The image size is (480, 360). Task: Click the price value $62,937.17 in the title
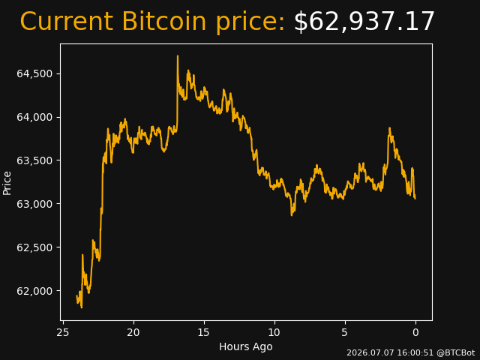pos(364,22)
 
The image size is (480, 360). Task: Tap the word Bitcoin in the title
pos(163,22)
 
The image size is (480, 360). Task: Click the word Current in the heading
pos(67,22)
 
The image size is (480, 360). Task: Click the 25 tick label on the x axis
pos(63,332)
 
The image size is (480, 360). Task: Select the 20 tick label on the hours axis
pos(133,332)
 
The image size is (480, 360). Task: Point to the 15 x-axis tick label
pos(204,332)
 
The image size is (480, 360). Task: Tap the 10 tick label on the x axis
pos(274,332)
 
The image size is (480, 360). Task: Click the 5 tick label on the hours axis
pos(345,332)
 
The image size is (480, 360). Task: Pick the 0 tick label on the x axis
pos(415,332)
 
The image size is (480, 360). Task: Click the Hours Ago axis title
pos(246,346)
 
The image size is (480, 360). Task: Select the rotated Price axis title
pos(7,183)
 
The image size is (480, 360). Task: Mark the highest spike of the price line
pos(178,56)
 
